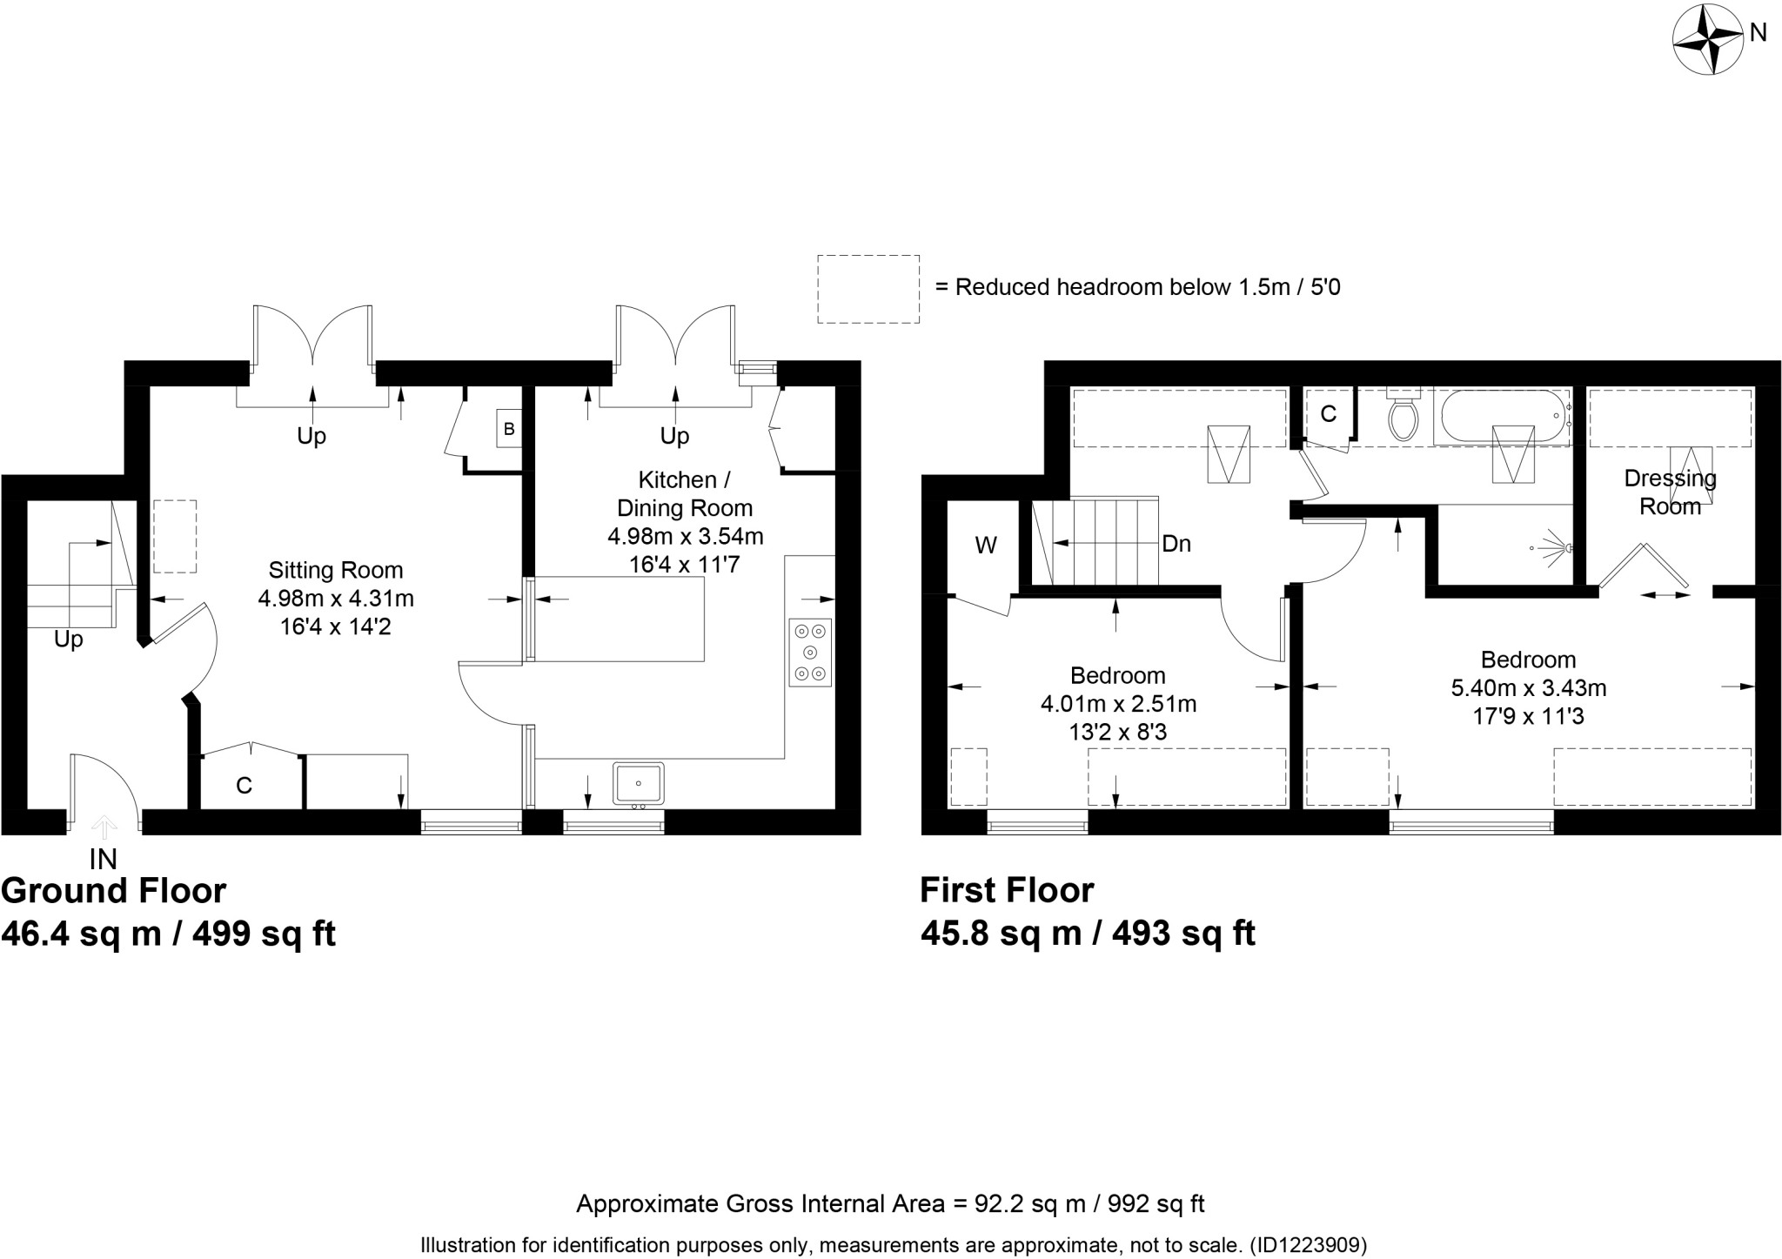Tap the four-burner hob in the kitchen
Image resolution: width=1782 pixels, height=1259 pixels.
tap(810, 653)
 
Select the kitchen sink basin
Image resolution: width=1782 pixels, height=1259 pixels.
tap(638, 783)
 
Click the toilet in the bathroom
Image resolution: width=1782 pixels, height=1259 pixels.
tap(1403, 419)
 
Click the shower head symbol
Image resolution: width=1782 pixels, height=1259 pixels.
tap(1553, 547)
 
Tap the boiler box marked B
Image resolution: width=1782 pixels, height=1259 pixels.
tap(509, 428)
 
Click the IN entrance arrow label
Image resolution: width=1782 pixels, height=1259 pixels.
tap(103, 859)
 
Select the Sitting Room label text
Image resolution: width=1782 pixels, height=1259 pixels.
tap(335, 571)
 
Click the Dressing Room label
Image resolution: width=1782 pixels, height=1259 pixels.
tap(1669, 492)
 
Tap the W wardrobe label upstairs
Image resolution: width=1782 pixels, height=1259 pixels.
tap(985, 546)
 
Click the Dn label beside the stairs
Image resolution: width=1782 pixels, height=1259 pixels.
tap(1176, 544)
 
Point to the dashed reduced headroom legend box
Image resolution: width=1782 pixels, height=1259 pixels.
tap(868, 289)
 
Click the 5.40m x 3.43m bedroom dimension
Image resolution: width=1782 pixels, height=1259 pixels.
tap(1528, 688)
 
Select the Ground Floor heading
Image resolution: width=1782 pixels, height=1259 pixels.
tap(114, 891)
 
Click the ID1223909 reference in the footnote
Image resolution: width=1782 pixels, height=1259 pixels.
tap(1308, 1245)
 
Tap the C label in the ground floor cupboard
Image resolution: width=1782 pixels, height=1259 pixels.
tap(244, 786)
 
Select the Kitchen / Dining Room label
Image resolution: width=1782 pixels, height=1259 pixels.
tap(685, 493)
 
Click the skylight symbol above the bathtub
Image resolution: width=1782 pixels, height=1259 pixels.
tap(1513, 453)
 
